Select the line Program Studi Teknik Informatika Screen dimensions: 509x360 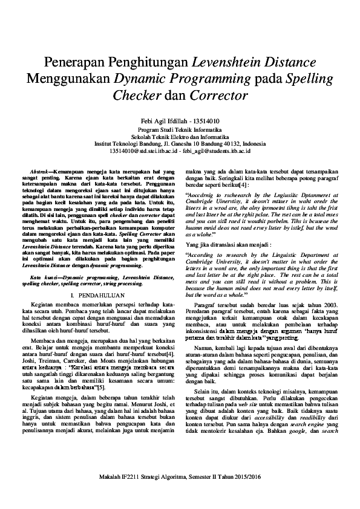pyautogui.click(x=180, y=129)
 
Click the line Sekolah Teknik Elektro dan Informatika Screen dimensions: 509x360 pyautogui.click(x=180, y=137)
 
